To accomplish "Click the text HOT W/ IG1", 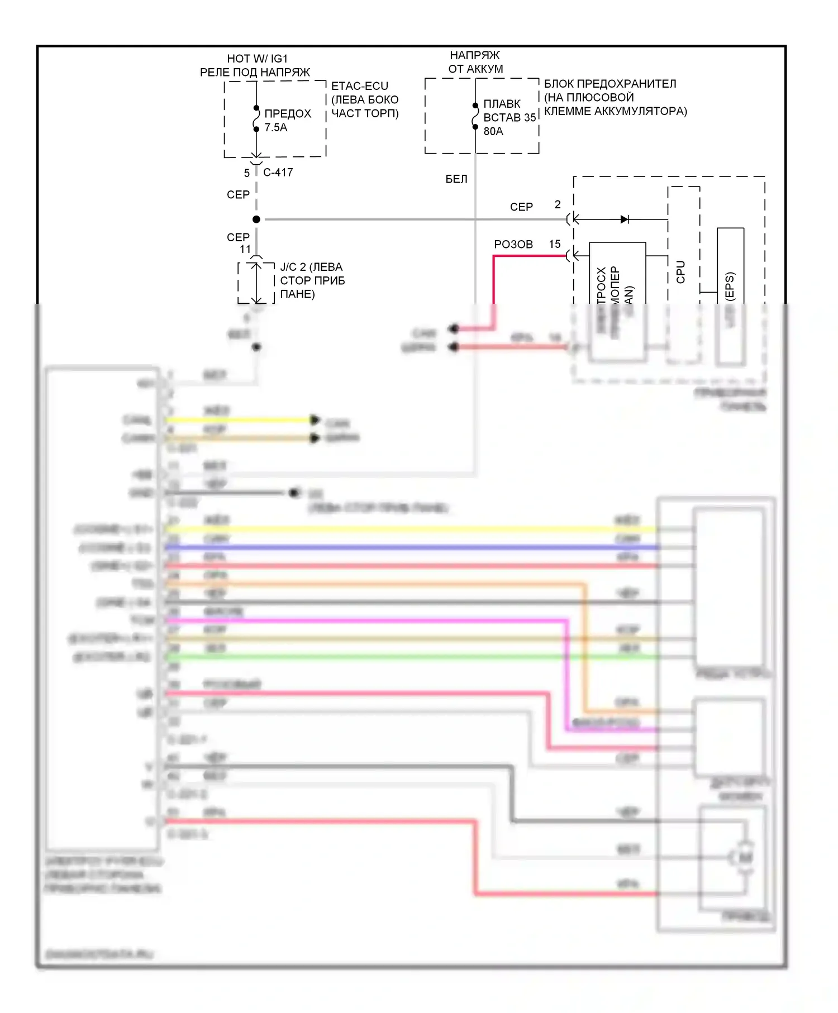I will pos(257,59).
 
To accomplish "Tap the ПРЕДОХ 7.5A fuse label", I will pos(287,120).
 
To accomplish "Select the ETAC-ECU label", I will pos(359,86).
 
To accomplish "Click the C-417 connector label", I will pos(278,173).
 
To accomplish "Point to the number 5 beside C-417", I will pos(246,173).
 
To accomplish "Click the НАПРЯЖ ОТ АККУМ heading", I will pos(475,62).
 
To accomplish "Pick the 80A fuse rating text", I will pos(493,131).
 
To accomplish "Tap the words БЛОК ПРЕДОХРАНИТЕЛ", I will pos(610,84).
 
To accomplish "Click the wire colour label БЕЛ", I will pos(456,179).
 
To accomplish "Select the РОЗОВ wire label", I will pos(513,245).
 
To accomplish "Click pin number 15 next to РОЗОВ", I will pos(554,244).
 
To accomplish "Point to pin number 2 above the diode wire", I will pos(557,205).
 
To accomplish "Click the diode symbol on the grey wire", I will pos(625,219).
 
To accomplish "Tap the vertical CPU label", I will pos(680,272).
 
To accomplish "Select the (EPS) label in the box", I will pos(730,286).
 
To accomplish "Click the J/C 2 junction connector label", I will pos(312,280).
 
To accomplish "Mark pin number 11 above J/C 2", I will pos(245,249).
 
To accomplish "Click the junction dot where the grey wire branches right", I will pos(256,219).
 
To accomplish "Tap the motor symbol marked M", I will pos(745,857).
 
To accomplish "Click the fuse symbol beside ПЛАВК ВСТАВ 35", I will pos(475,116).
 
